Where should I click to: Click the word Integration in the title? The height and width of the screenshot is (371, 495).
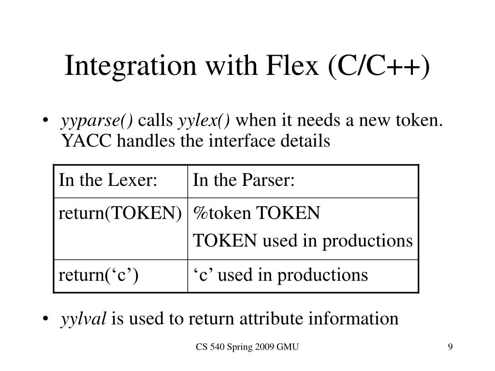click(x=131, y=66)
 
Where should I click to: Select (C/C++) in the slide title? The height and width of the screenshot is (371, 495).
click(x=379, y=66)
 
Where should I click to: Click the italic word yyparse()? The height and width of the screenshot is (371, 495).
click(x=97, y=121)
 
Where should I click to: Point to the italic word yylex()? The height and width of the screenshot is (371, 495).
click(x=204, y=121)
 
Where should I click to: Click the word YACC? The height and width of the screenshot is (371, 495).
click(x=86, y=141)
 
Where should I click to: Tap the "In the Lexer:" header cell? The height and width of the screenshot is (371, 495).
click(x=108, y=181)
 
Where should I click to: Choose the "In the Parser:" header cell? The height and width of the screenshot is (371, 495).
click(x=244, y=181)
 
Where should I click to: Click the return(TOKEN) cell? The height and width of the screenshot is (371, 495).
click(x=120, y=214)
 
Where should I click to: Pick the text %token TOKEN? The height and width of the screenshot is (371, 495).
click(x=256, y=213)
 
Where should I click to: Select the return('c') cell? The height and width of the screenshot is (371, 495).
click(x=99, y=275)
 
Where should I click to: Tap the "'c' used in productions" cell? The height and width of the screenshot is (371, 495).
click(x=280, y=275)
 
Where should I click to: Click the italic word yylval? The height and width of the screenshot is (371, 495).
click(x=83, y=319)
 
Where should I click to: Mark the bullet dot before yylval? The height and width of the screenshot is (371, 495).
click(x=45, y=319)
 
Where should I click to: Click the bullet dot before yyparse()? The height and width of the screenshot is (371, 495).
click(x=45, y=120)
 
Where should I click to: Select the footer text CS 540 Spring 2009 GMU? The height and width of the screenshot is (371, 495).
click(x=247, y=347)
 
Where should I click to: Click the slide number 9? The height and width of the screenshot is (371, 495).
click(x=450, y=347)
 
